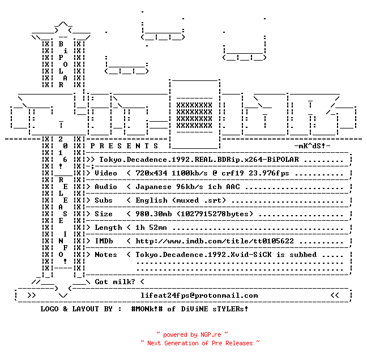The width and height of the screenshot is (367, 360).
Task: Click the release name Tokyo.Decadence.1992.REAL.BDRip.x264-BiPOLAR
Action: (x=199, y=160)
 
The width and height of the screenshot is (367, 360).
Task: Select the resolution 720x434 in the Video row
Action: (x=151, y=173)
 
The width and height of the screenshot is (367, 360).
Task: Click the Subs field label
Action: (x=104, y=200)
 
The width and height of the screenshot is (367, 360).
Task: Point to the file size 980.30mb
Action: (x=153, y=214)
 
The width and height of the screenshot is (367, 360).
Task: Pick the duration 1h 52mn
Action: (x=151, y=228)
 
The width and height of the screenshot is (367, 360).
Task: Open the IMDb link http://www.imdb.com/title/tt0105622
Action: (x=215, y=241)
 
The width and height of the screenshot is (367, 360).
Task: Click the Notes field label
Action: (x=106, y=255)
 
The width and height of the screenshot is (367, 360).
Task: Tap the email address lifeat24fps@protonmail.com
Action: (x=199, y=295)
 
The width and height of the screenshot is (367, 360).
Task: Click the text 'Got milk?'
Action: (x=115, y=282)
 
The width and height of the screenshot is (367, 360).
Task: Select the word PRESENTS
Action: (x=124, y=146)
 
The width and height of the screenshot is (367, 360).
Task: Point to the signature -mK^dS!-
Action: (x=312, y=146)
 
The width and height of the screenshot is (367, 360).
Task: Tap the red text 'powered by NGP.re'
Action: (x=192, y=335)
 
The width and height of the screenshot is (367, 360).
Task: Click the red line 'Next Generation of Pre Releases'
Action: (x=200, y=343)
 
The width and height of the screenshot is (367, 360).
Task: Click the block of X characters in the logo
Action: (x=194, y=115)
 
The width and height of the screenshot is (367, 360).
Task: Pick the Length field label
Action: (x=108, y=228)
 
